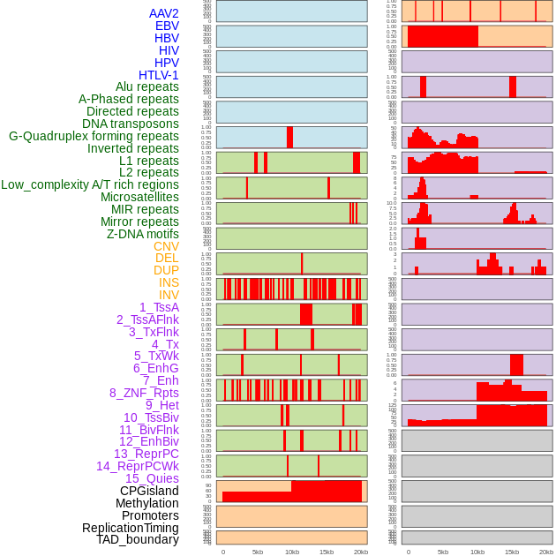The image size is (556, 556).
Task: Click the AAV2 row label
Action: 163,13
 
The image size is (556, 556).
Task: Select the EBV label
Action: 167,26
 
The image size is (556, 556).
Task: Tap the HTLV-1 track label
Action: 159,75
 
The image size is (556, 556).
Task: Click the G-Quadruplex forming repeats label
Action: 94,136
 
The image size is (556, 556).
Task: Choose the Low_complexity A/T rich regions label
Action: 90,184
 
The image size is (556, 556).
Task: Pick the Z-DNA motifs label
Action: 143,234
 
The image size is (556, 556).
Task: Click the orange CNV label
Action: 166,246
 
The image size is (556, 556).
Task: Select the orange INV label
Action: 169,295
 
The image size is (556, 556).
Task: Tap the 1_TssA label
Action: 159,307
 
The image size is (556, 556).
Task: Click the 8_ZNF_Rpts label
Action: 144,393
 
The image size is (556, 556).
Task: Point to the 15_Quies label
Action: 152,478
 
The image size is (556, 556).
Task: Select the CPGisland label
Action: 149,491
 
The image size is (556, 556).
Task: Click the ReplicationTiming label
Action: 131,528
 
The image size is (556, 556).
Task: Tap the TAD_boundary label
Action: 138,539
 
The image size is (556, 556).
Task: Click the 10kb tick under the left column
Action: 291,552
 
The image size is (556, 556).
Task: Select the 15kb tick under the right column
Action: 512,552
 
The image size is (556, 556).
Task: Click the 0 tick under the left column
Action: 222,552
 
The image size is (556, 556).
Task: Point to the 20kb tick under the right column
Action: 546,552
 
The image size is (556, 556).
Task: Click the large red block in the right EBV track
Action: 442,36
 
